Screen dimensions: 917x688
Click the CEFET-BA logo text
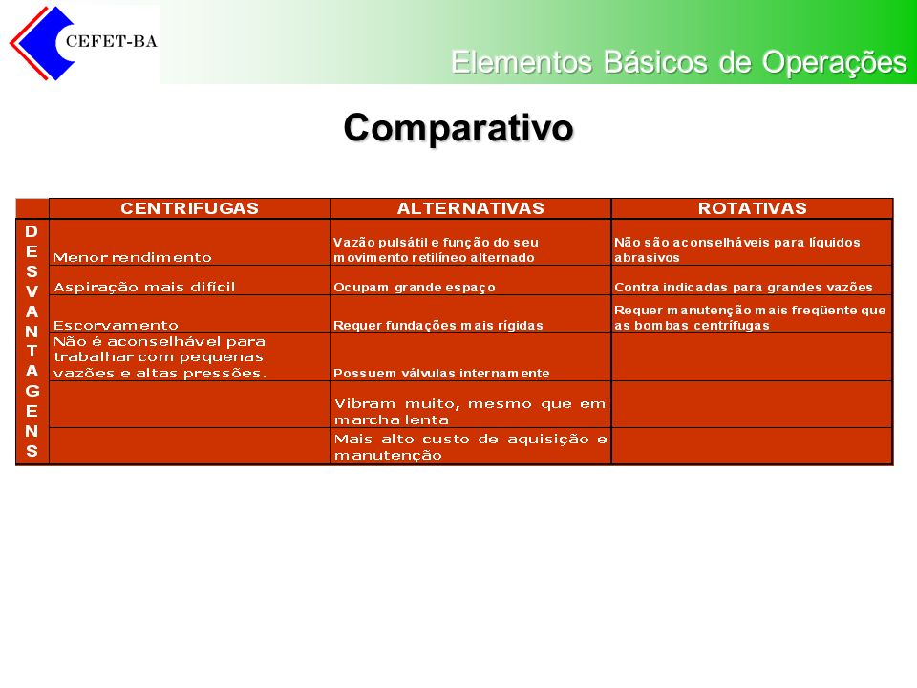coord(111,41)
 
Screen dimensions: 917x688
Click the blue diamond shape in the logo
coord(44,43)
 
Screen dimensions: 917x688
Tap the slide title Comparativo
coord(458,127)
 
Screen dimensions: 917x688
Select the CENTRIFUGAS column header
coord(189,208)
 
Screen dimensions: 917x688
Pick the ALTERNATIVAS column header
coord(471,208)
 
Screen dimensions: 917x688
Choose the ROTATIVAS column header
coord(753,208)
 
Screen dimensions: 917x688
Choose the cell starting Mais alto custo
coord(470,447)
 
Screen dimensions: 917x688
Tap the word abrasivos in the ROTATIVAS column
coord(647,257)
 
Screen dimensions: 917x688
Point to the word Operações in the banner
coord(835,63)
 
